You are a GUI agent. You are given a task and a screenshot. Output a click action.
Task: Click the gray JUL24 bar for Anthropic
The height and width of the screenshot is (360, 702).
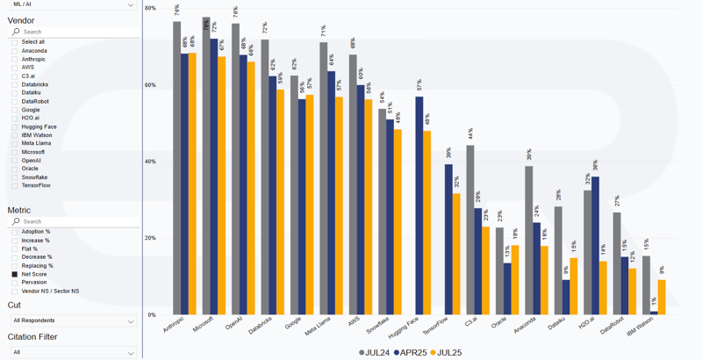176,167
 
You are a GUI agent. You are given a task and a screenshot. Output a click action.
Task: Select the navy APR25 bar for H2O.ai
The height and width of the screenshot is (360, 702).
596,245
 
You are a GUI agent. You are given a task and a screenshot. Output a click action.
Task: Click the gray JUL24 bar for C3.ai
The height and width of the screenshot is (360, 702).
470,229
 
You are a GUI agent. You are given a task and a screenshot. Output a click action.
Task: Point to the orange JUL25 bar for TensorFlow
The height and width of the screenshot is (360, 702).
456,254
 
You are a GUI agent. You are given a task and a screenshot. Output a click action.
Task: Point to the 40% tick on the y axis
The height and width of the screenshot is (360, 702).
150,162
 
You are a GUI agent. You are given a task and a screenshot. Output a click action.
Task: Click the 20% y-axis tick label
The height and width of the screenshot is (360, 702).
150,238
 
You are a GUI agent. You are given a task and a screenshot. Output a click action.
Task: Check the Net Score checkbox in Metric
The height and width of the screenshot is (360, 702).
15,274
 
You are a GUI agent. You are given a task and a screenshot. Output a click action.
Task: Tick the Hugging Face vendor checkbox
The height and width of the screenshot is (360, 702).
15,126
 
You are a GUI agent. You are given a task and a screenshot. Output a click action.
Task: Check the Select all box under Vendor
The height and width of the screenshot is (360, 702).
15,42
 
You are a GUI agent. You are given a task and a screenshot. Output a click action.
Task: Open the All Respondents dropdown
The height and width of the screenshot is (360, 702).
72,321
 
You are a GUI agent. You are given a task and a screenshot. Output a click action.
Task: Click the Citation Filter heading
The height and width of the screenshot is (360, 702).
32,337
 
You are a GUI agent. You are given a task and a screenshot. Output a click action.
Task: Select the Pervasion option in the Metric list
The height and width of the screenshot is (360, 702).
34,283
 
